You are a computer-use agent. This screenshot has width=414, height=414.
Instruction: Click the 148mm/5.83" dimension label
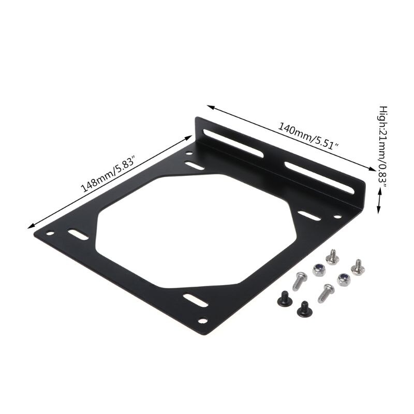click(109, 176)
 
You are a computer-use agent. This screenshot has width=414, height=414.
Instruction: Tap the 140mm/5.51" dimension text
click(309, 134)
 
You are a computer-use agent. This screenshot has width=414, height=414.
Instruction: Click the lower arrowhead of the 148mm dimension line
click(32, 225)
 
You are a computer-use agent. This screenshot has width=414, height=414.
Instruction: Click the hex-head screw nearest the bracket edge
click(331, 256)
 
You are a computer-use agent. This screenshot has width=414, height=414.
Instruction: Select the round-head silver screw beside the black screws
click(300, 281)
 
